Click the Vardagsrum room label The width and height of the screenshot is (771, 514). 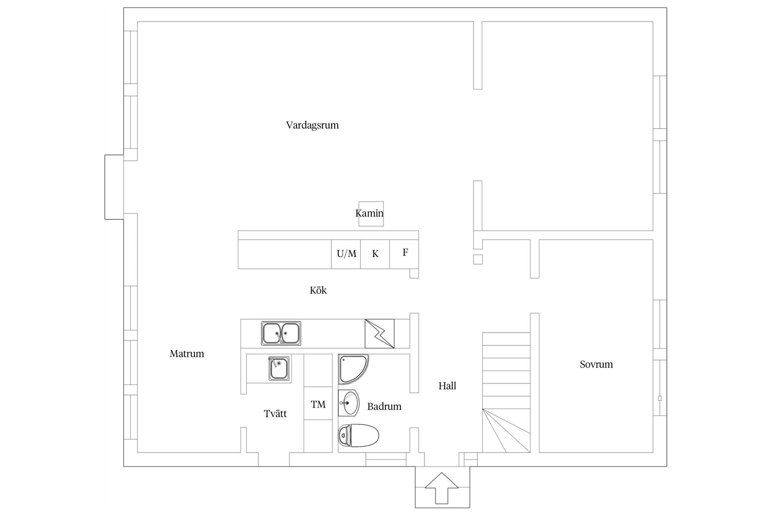tap(312, 125)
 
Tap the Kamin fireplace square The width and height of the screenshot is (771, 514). tap(371, 214)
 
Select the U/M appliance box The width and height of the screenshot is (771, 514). tap(346, 254)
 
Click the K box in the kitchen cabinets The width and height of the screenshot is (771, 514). tap(375, 254)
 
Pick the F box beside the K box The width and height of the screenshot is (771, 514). tap(404, 254)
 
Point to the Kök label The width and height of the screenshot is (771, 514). tap(318, 290)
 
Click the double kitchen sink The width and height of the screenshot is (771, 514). tap(281, 333)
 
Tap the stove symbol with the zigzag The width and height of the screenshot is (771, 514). tap(379, 334)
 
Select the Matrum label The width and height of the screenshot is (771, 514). tap(187, 354)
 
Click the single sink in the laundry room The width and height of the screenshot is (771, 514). tap(279, 368)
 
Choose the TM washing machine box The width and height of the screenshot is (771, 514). tap(318, 404)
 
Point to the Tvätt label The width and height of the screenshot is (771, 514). tap(275, 414)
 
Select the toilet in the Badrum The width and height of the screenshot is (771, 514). tap(359, 436)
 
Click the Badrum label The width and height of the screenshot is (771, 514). tap(384, 406)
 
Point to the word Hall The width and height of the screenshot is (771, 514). tap(447, 386)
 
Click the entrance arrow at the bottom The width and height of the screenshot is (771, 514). tap(442, 488)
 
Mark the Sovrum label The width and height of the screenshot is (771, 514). tap(596, 365)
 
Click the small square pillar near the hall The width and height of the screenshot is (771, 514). tap(478, 259)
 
